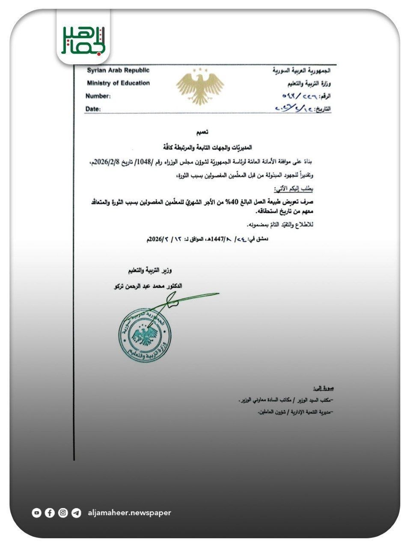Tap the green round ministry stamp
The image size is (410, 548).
tap(145, 334)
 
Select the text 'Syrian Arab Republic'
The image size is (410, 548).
tap(118, 71)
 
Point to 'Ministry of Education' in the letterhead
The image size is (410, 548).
tap(118, 83)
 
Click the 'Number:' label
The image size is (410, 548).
tap(98, 96)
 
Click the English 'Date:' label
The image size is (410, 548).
tap(93, 109)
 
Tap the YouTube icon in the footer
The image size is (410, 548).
tap(37, 512)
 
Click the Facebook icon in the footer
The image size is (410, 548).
tap(50, 512)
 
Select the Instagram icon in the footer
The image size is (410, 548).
tap(63, 512)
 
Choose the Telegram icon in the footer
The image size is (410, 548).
tap(76, 512)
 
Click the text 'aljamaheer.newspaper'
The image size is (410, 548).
tap(129, 512)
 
